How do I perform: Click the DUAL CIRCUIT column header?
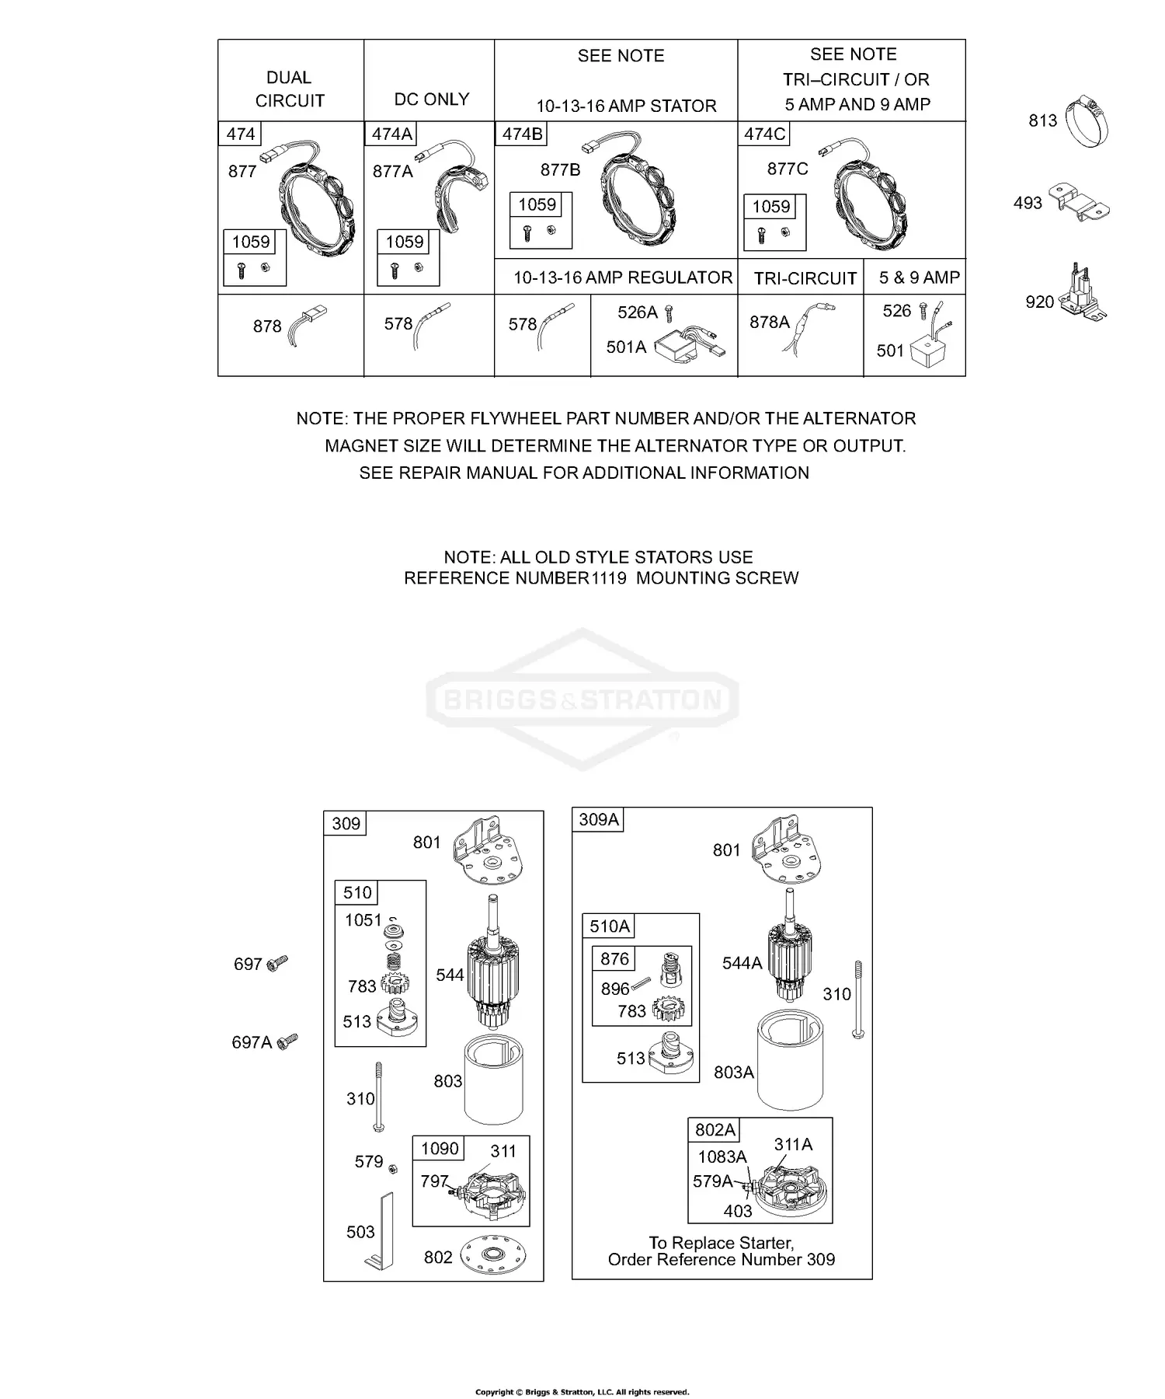pyautogui.click(x=290, y=89)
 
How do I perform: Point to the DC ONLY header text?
pyautogui.click(x=432, y=99)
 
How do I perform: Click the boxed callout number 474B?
pyautogui.click(x=522, y=134)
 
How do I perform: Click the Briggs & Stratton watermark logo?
pyautogui.click(x=582, y=699)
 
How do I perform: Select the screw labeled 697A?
pyautogui.click(x=288, y=1040)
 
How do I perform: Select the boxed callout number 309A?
pyautogui.click(x=599, y=819)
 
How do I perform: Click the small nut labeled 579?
pyautogui.click(x=394, y=1168)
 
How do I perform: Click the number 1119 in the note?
pyautogui.click(x=607, y=578)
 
